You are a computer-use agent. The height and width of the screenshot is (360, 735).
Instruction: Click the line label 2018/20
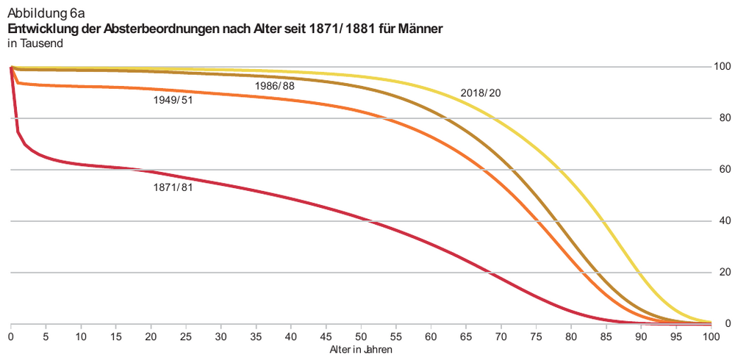coord(481,93)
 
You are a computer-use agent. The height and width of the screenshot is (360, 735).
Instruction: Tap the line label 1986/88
coord(275,86)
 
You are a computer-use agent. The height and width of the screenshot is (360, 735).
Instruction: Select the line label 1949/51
coord(173,100)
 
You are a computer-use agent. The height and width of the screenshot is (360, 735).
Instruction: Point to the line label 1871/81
coord(173,187)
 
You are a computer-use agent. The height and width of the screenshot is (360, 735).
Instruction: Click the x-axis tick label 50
coord(361,336)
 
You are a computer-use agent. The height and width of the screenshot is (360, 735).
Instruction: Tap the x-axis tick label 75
coord(536,336)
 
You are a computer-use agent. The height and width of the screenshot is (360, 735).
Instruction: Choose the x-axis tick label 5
coord(46,336)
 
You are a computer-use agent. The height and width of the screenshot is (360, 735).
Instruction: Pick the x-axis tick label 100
coord(710,336)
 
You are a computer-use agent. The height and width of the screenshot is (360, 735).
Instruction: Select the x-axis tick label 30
coord(221,336)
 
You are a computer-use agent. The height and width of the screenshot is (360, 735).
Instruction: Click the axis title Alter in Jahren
coord(361,350)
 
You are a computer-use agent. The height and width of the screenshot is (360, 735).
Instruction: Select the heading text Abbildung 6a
coord(46,13)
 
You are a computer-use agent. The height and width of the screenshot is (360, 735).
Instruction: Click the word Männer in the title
coord(418,29)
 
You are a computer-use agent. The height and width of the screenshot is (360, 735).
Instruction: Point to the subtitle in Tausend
coord(35,43)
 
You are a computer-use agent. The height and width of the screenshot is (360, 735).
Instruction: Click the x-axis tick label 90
coord(640,336)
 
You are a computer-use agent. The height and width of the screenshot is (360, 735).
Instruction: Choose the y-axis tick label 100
coord(723,67)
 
